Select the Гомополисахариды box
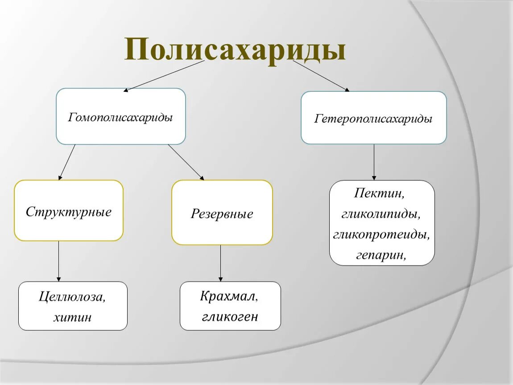(120, 117)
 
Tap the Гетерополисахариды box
(373, 119)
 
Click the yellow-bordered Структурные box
(69, 211)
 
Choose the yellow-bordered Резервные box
(222, 213)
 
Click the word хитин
(72, 317)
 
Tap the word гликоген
(230, 316)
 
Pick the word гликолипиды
(381, 214)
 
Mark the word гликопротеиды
(381, 234)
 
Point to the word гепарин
(381, 255)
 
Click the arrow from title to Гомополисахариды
(164, 76)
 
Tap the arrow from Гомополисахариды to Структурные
(67, 162)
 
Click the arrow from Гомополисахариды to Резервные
(186, 162)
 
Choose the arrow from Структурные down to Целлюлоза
(59, 261)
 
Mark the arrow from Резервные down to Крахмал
(220, 263)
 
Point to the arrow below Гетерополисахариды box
(374, 162)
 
